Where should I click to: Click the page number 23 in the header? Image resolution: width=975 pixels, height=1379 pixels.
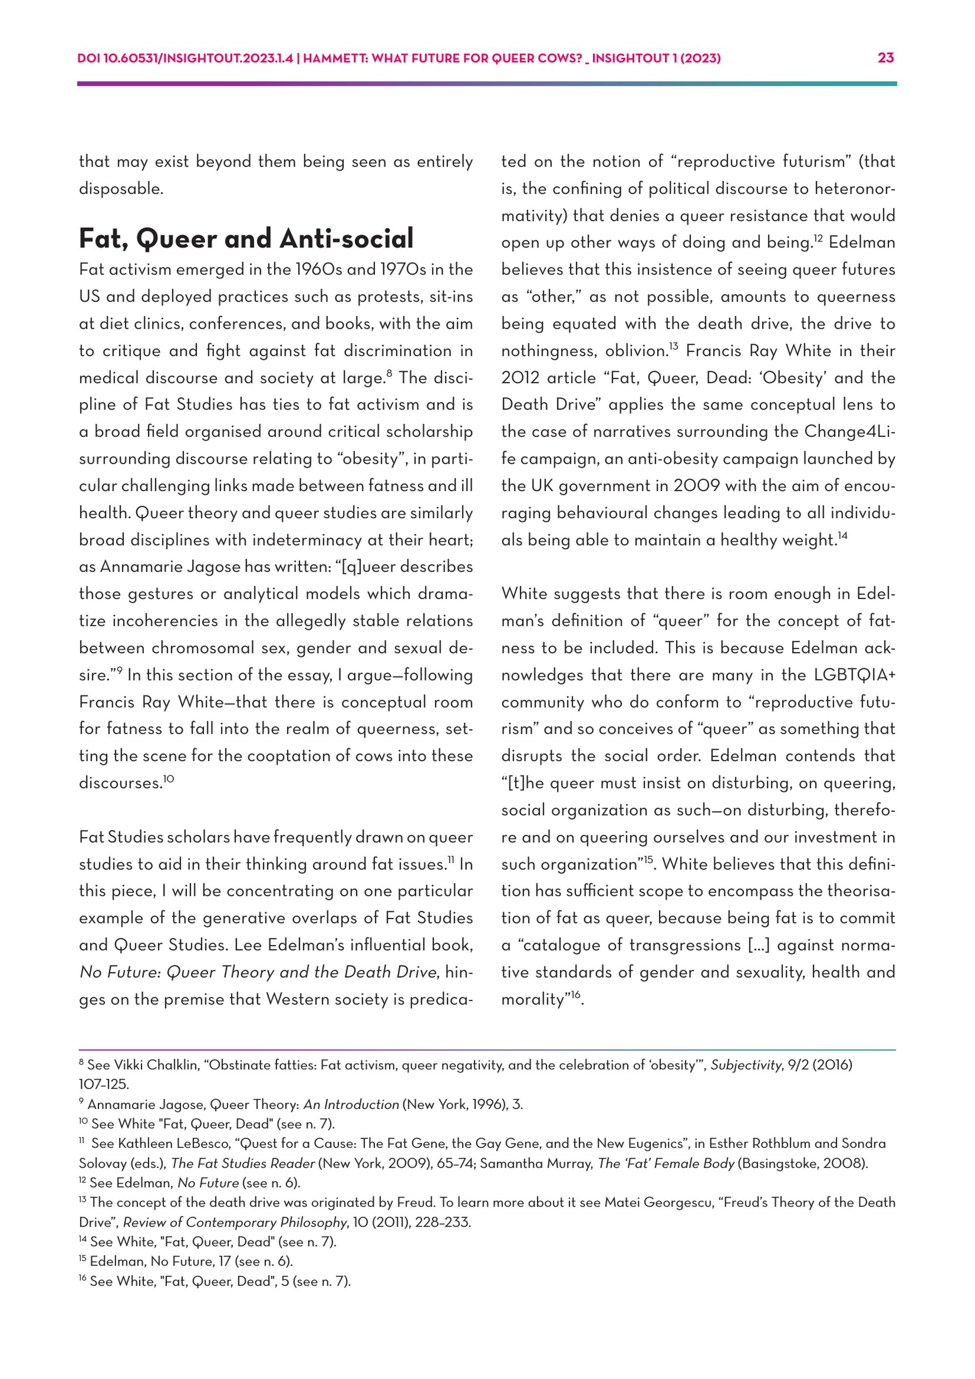coord(886,58)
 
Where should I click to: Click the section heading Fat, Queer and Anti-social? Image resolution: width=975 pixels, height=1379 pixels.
coord(246,238)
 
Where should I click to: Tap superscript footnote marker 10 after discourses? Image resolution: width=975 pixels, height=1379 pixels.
coord(169,779)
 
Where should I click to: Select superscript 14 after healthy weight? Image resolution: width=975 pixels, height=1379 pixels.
coord(842,536)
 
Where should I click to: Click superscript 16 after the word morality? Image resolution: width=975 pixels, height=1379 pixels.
coord(576,995)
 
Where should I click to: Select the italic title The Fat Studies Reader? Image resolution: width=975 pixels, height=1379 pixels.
coord(243,1163)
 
